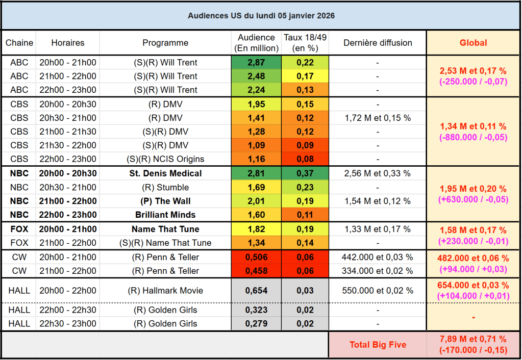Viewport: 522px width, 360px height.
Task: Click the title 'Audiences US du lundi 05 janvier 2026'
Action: pos(261,16)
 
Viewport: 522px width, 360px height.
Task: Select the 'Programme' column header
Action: pos(165,43)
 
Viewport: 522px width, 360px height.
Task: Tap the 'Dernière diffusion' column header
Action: pos(378,43)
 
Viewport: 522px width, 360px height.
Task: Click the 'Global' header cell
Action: pos(474,43)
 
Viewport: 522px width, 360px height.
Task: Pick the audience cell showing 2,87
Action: pos(256,63)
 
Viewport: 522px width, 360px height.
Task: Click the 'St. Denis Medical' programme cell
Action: pos(165,173)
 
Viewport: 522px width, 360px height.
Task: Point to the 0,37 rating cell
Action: pos(305,173)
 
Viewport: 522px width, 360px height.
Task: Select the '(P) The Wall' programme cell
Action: pos(165,201)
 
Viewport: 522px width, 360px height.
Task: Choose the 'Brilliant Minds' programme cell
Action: pos(165,215)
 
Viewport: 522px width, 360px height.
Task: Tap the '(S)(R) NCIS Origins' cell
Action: pos(165,159)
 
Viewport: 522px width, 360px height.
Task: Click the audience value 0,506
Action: pos(256,257)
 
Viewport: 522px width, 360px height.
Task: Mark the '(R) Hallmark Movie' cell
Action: pos(165,291)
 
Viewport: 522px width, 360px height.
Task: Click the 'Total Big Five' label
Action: pos(378,345)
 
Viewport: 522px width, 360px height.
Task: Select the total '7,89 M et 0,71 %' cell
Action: pos(474,339)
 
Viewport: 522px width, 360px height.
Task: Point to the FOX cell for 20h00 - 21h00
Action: pos(19,229)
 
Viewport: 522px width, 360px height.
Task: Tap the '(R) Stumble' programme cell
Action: pos(165,187)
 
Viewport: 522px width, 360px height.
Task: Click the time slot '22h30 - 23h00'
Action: pos(67,324)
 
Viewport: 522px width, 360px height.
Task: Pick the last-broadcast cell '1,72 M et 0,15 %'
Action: pos(378,118)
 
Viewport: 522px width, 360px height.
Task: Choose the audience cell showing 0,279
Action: pos(256,324)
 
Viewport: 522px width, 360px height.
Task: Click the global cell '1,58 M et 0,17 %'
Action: pos(474,230)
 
